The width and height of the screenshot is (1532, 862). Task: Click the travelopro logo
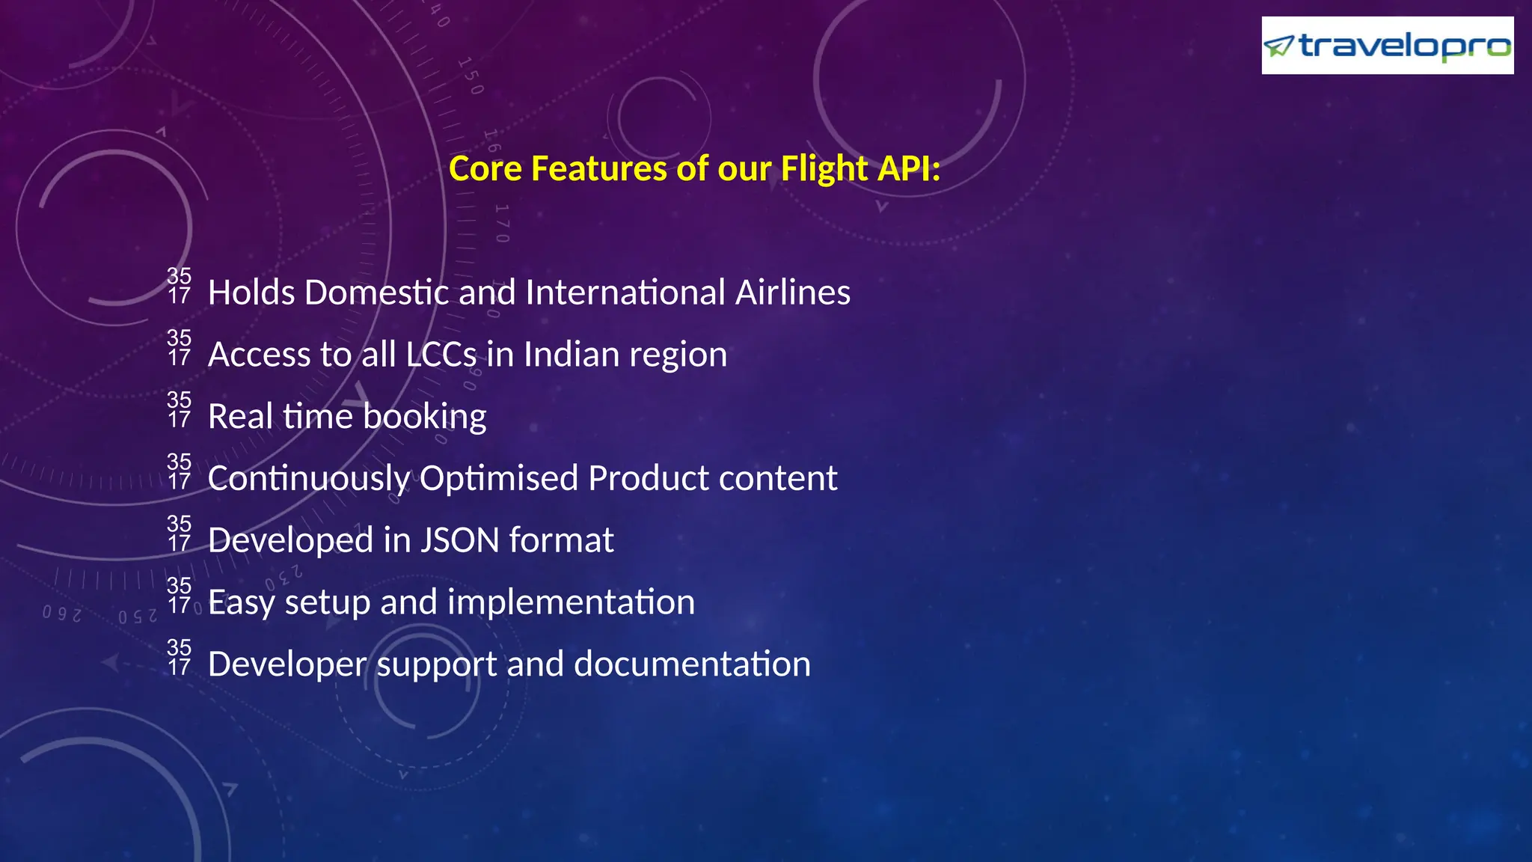(1387, 46)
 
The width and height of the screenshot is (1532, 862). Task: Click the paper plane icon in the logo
(1278, 46)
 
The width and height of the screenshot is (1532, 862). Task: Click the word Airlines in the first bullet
(792, 293)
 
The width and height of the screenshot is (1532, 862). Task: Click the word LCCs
(441, 355)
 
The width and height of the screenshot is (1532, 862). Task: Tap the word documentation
(692, 664)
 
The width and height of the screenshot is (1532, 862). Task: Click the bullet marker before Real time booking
(180, 409)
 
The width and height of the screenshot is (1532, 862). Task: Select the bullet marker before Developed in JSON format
(180, 533)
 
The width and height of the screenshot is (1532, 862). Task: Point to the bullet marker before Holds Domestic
(180, 285)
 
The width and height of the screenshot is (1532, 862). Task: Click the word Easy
(241, 603)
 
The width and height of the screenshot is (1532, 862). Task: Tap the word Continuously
(308, 479)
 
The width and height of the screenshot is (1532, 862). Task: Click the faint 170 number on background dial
(502, 223)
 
